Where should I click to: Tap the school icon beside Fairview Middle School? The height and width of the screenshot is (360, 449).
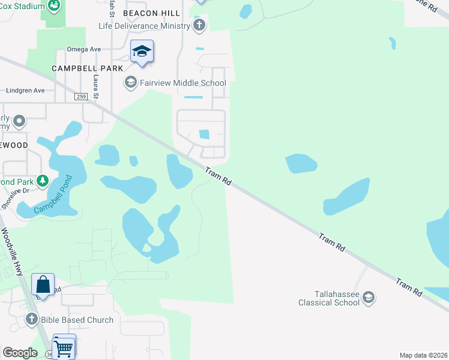point(130,82)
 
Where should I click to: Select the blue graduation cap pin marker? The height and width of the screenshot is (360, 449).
point(142,52)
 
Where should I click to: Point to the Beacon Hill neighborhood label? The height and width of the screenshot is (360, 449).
point(148,13)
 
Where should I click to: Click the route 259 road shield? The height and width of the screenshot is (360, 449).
point(82,97)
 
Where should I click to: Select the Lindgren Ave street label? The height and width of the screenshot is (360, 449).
point(25,91)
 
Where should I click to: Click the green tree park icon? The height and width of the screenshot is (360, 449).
point(43,180)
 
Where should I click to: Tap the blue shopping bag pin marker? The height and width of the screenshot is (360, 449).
point(43,284)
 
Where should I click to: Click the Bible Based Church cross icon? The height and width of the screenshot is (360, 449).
point(31,320)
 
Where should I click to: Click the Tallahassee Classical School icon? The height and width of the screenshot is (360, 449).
point(369,298)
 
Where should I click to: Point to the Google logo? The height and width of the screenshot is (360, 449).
point(20,353)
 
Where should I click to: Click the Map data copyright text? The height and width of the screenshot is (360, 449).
point(423,355)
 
